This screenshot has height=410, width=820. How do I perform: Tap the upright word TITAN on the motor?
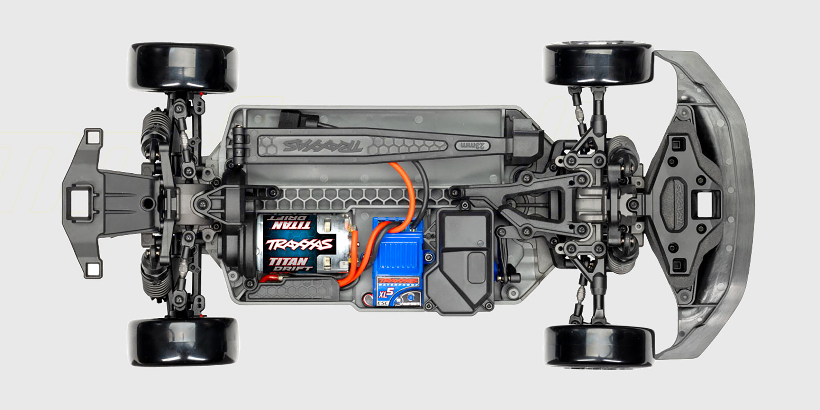(x=288, y=261)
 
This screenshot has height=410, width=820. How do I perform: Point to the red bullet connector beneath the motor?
(x=271, y=279)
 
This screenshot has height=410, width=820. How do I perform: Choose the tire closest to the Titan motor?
(x=183, y=341)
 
